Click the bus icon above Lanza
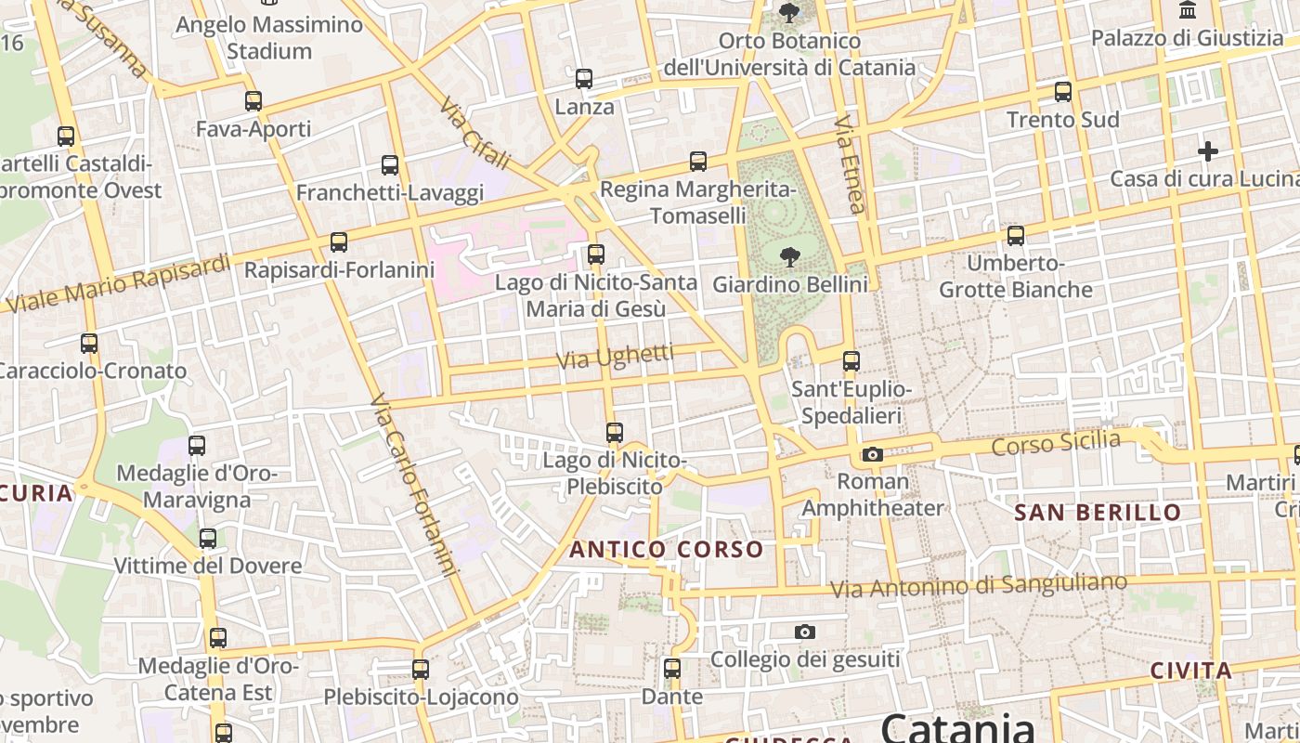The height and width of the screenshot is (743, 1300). pyautogui.click(x=584, y=79)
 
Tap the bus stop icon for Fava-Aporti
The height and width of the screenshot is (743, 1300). pyautogui.click(x=253, y=101)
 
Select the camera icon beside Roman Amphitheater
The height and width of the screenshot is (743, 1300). pyautogui.click(x=872, y=454)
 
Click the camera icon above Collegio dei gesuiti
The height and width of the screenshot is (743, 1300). pyautogui.click(x=805, y=632)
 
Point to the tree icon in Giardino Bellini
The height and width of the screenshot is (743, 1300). pyautogui.click(x=790, y=256)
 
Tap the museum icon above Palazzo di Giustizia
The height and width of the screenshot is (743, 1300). pyautogui.click(x=1187, y=10)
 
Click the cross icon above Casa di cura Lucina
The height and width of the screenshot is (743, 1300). pyautogui.click(x=1208, y=150)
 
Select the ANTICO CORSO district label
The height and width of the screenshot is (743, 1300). pyautogui.click(x=666, y=549)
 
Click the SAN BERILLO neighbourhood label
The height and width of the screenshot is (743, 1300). pyautogui.click(x=1098, y=512)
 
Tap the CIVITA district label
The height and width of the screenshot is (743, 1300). pyautogui.click(x=1190, y=671)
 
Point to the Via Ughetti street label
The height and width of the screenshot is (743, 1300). pyautogui.click(x=615, y=356)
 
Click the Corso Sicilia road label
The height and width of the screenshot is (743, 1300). pyautogui.click(x=1056, y=443)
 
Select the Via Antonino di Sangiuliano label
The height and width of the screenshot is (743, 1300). pyautogui.click(x=978, y=586)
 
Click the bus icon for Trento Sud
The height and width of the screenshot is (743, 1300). pyautogui.click(x=1063, y=92)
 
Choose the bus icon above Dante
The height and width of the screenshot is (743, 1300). pyautogui.click(x=672, y=668)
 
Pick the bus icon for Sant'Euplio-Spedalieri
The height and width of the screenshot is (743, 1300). pyautogui.click(x=851, y=361)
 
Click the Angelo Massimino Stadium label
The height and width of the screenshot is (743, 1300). pyautogui.click(x=269, y=37)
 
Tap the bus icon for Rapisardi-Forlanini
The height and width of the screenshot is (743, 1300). pyautogui.click(x=339, y=242)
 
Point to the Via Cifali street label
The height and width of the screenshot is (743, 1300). pyautogui.click(x=474, y=134)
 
